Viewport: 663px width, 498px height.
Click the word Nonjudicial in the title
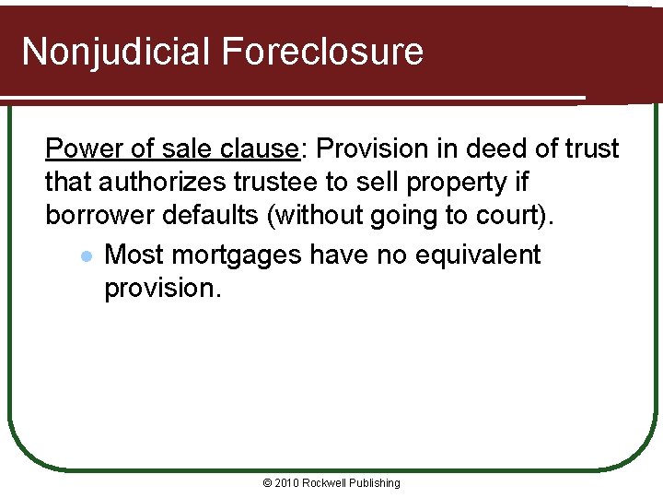click(116, 52)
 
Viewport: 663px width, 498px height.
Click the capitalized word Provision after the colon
click(373, 148)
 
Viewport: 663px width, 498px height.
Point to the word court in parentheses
click(520, 217)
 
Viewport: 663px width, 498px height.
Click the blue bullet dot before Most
click(85, 255)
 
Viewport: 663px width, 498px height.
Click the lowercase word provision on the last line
click(162, 289)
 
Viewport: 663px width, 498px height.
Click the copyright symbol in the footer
click(268, 483)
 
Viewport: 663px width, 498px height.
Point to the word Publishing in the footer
click(375, 483)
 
